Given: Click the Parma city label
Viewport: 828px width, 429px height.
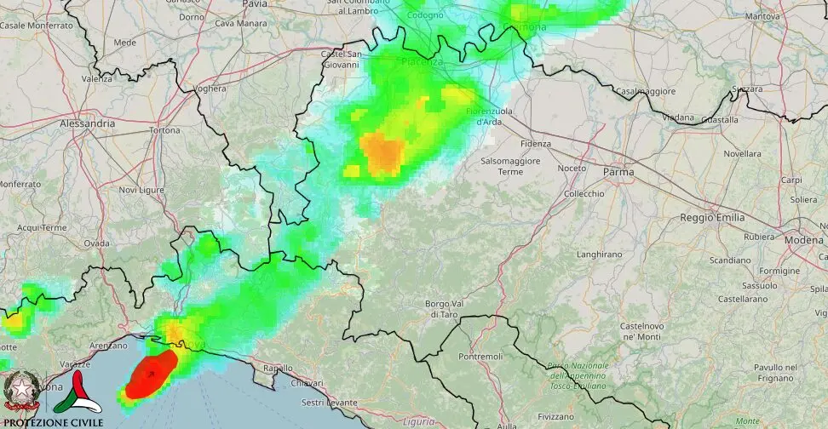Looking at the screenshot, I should pos(618,172).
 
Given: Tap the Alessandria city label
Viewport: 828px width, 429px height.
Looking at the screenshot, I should pos(87,123).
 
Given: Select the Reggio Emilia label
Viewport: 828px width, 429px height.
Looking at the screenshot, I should pos(714,218).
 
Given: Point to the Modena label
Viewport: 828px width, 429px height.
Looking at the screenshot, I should pos(804,240).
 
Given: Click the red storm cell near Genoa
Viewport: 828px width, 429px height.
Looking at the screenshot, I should pos(151,375).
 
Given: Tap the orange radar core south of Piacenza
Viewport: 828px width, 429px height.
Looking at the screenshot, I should pos(382,152).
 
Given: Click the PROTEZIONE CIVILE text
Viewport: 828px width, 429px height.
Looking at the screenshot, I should pos(54,422).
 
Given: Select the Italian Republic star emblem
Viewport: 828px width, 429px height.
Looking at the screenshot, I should pos(20,391).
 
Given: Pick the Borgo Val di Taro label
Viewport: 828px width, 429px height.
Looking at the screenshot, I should pos(444,309).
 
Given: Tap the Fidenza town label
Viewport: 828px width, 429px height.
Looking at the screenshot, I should pos(536,144).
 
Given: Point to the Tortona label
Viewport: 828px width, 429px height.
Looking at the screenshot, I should pos(164,130).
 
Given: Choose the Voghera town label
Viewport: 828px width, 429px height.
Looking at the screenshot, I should pos(210,89).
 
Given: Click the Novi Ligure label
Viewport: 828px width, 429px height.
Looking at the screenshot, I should pos(140,190).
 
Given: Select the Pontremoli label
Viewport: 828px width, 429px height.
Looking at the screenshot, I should pos(480,356).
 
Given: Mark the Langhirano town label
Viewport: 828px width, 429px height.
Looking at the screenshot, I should pos(599,255).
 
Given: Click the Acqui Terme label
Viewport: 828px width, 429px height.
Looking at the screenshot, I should pos(42,228).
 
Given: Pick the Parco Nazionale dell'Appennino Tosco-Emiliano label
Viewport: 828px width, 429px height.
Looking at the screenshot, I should pos(580,375).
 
